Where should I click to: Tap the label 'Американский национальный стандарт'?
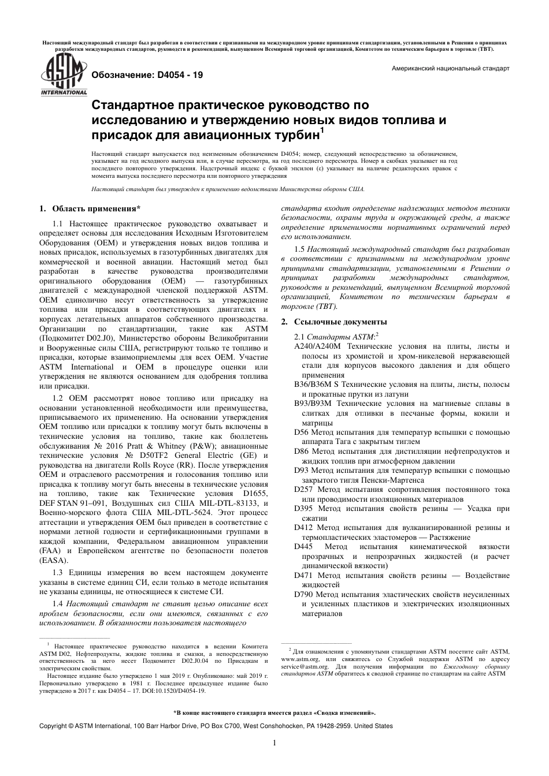pos(450,68)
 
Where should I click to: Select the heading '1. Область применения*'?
pos(90,208)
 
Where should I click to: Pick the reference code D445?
pos(305,546)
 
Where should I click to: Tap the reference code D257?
pos(303,489)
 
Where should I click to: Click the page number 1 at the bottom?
pos(274,743)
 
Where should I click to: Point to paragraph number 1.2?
pos(58,398)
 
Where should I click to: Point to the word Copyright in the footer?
pos(53,726)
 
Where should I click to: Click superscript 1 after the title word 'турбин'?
pos(322,130)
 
